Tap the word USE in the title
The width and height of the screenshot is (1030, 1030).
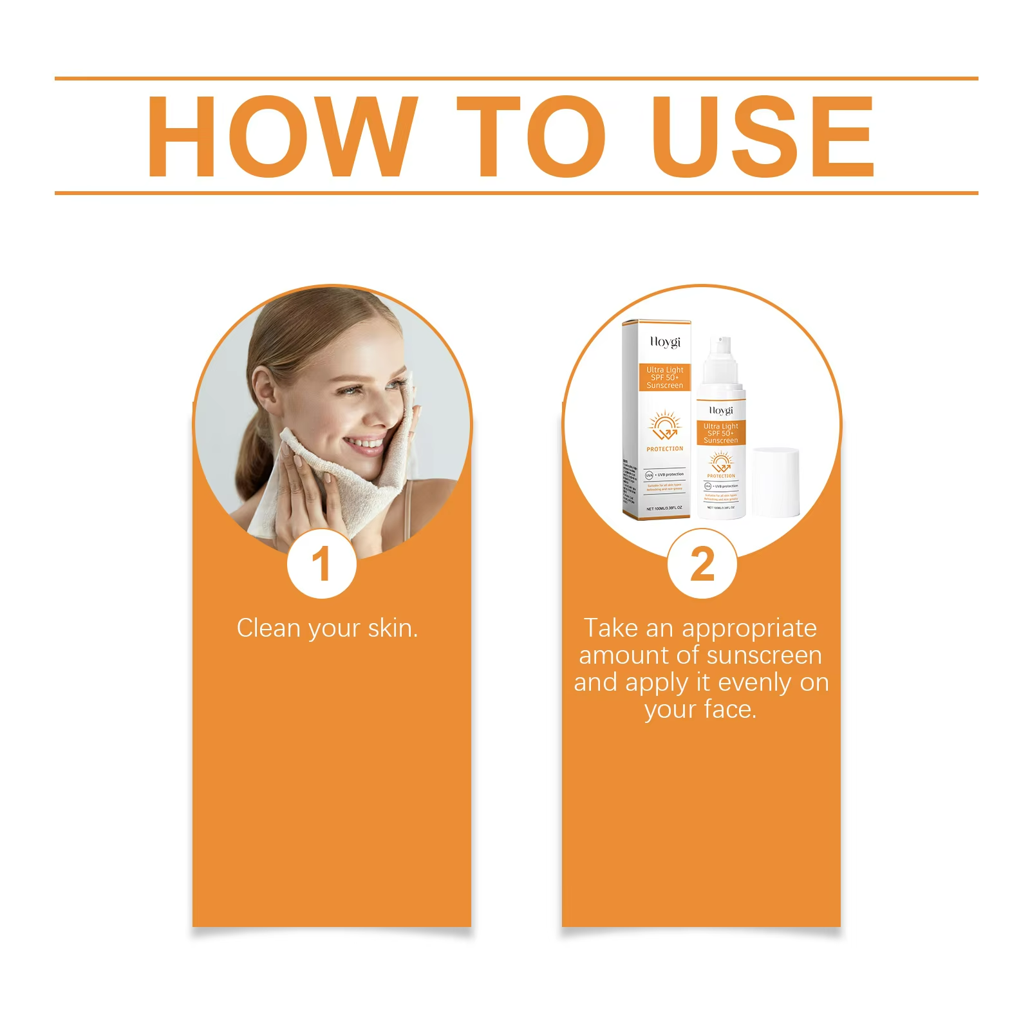point(763,136)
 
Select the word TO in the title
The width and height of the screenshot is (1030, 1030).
point(531,136)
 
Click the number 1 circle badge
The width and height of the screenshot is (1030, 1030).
point(321,564)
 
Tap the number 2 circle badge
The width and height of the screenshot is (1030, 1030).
point(702,564)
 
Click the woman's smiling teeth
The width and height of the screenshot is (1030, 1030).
point(364,444)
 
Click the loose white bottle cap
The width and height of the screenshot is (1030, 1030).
point(775,483)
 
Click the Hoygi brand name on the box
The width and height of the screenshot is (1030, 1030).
point(664,342)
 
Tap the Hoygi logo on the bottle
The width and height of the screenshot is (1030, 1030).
point(720,410)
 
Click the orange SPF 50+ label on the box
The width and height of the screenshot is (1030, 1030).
point(665,378)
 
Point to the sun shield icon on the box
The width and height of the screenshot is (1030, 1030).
point(664,426)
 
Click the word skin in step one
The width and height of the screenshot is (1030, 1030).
point(392,628)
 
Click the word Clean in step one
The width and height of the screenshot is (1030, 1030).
point(268,628)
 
